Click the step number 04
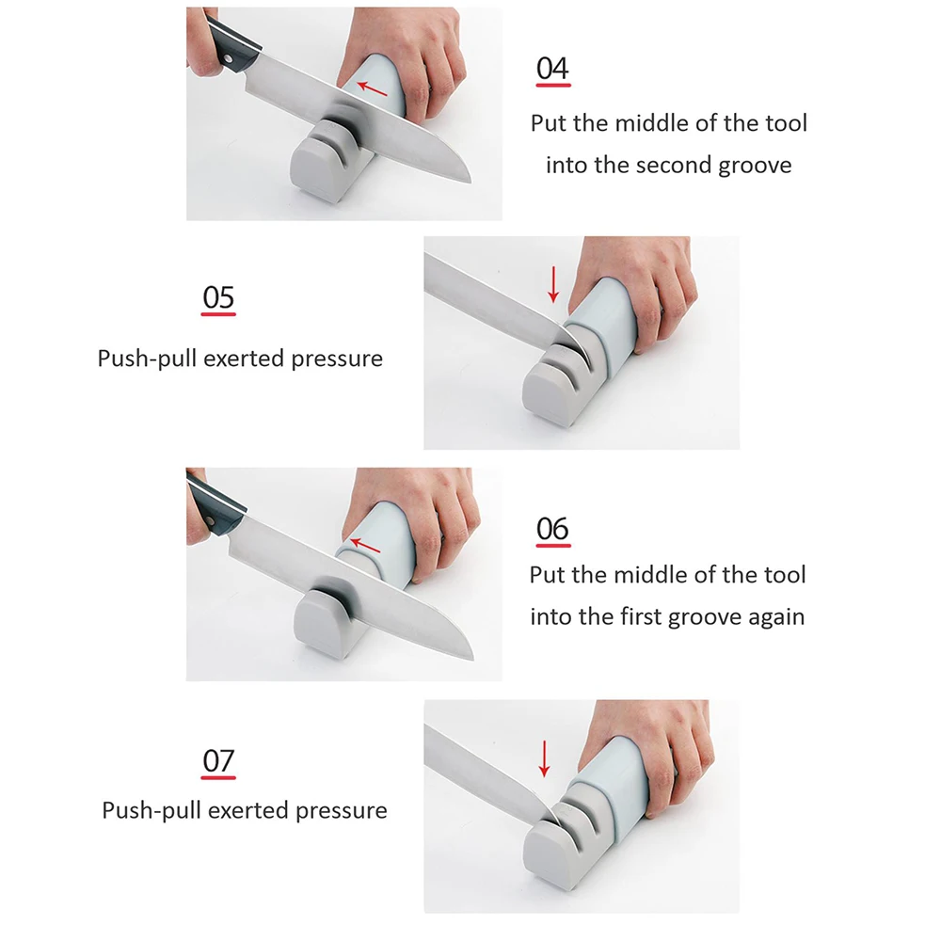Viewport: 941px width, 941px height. click(x=552, y=69)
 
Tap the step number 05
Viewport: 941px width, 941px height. click(x=218, y=297)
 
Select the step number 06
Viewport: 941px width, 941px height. click(x=552, y=529)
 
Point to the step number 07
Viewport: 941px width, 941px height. click(x=218, y=761)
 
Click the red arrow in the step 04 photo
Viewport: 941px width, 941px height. click(x=372, y=88)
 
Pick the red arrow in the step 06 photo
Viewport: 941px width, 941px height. click(x=365, y=546)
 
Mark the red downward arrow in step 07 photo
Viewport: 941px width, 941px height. click(x=544, y=758)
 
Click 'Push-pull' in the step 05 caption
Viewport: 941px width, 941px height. click(x=148, y=359)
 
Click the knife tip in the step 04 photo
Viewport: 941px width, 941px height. click(x=470, y=181)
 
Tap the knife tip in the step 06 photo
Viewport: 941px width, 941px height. click(x=473, y=659)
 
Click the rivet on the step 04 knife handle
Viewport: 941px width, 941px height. click(x=228, y=58)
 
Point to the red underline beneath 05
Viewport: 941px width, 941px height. click(x=218, y=314)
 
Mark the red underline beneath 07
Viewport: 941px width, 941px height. click(x=218, y=777)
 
